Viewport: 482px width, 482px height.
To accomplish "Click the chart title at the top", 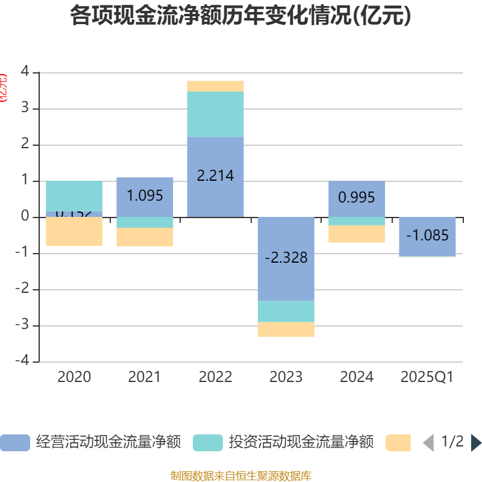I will click(240, 16).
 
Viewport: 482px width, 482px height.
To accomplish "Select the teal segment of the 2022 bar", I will click(215, 114).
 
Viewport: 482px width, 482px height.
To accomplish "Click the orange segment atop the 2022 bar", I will click(215, 86).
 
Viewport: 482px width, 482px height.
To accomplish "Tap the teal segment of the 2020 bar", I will click(74, 196).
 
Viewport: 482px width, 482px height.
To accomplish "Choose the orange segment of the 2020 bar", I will click(74, 232).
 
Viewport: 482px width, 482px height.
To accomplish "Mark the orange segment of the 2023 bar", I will click(286, 330).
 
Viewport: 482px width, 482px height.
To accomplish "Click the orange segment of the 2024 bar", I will click(357, 234).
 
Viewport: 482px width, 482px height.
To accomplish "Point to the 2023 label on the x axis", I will click(286, 377).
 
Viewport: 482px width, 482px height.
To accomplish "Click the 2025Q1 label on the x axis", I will click(427, 377).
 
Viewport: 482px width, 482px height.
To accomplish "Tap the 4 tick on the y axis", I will click(25, 72).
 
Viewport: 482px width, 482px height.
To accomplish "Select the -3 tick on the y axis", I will click(22, 326).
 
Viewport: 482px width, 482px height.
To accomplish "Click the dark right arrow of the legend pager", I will click(476, 443).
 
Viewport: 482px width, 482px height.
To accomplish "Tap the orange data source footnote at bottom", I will click(240, 476).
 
